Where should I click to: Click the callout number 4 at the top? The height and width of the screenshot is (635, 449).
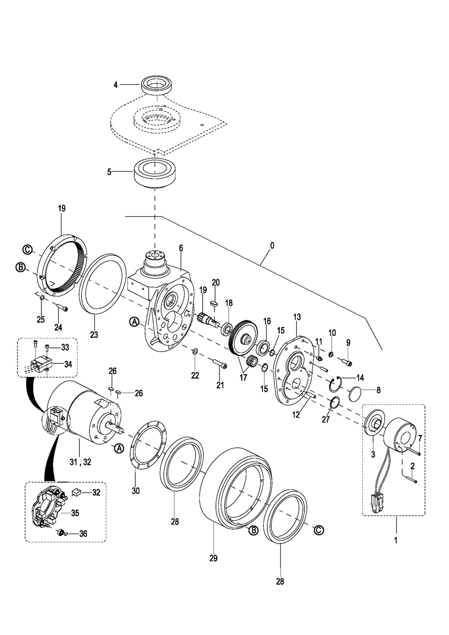coord(115,85)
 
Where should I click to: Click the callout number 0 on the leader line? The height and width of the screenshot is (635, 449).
coord(271,246)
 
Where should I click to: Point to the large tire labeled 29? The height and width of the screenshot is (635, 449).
coord(234,489)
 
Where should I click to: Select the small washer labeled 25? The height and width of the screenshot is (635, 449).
coord(42,298)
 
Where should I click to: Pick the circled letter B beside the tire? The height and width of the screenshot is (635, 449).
coord(253,531)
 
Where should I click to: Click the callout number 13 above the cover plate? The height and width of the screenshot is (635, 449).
coord(297,317)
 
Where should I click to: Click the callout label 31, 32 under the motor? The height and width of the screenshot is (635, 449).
coord(80,462)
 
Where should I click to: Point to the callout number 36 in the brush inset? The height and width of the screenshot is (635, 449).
coord(83,534)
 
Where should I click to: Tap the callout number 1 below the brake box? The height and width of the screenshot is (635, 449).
coord(396,540)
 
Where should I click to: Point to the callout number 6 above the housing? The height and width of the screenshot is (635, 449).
coord(181,248)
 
